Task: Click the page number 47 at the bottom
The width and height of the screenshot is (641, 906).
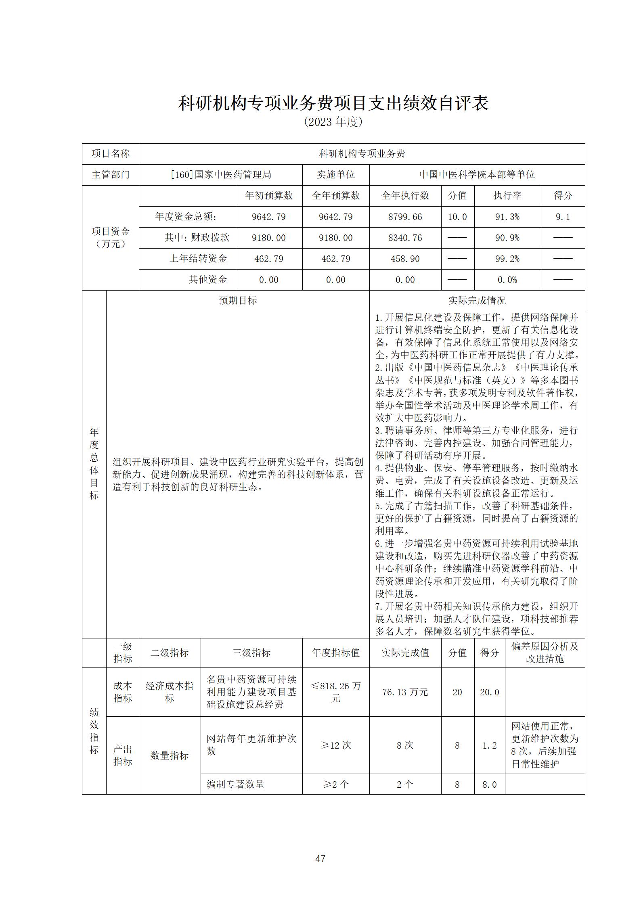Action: tap(320, 858)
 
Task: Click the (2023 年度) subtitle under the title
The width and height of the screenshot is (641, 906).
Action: tap(333, 121)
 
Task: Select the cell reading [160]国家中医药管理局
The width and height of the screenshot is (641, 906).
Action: tap(220, 175)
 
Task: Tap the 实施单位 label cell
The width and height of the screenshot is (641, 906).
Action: tap(335, 175)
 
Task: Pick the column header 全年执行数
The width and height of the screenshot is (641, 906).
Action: tap(405, 196)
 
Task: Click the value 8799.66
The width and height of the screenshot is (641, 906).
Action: tap(405, 217)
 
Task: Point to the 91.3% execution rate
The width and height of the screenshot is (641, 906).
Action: tap(507, 217)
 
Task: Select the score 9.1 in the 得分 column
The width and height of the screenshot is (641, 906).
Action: tap(563, 217)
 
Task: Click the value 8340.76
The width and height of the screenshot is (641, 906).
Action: tap(405, 238)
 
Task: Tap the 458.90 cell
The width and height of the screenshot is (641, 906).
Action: tap(405, 259)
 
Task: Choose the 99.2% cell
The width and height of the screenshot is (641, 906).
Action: tap(507, 259)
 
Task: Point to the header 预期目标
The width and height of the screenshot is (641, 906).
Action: tap(238, 301)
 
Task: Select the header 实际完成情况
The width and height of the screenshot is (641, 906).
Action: tap(477, 301)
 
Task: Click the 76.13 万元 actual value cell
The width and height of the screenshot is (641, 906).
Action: tap(405, 692)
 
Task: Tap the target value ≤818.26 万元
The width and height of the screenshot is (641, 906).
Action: tap(335, 692)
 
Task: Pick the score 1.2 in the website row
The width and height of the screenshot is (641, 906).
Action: tap(489, 745)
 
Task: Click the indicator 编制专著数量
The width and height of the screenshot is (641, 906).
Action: tap(235, 784)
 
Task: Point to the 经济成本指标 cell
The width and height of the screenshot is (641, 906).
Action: tap(170, 692)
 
